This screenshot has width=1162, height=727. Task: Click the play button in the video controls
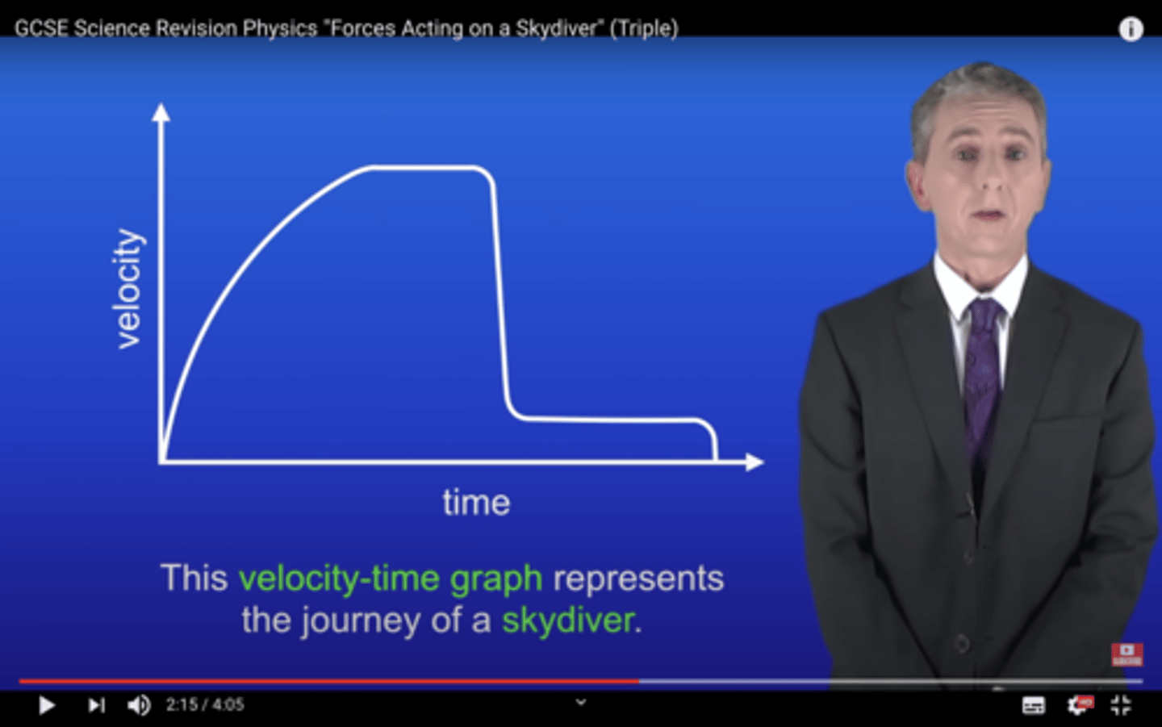47,705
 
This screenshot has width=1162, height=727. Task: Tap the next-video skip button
96,705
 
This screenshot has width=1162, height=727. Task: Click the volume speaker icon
139,705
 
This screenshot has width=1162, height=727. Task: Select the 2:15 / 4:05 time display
205,705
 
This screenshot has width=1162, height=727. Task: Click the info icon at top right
1130,29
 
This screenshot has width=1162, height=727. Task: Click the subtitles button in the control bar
1033,705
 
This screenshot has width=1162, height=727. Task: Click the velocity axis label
127,289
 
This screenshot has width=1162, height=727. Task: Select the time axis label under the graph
476,503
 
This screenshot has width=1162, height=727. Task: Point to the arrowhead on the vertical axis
161,112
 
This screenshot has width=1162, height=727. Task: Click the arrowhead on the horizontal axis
754,462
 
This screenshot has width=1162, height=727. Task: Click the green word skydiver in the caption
568,620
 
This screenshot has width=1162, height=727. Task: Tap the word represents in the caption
637,579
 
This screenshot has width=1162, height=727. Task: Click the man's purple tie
982,363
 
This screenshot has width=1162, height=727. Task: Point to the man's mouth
989,215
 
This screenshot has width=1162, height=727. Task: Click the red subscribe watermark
1126,654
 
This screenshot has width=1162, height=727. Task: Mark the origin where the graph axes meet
162,462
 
